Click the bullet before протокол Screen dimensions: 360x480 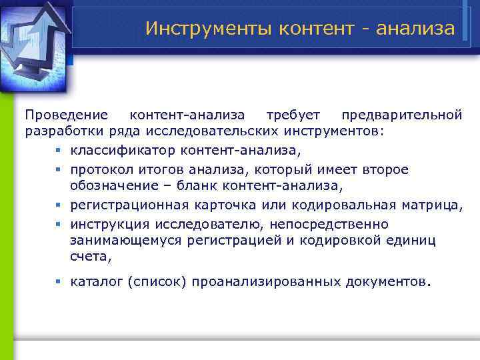coord(59,170)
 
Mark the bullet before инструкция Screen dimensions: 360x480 coord(59,225)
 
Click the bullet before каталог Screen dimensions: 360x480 coord(59,282)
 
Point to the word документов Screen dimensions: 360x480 coord(387,281)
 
